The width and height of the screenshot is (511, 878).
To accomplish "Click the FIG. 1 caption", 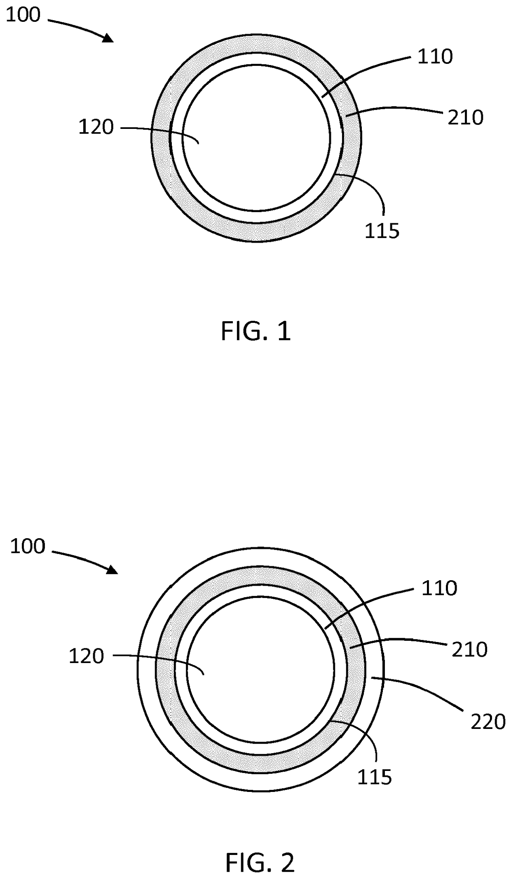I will tap(256, 332).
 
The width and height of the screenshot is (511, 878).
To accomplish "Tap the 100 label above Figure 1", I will tap(23, 15).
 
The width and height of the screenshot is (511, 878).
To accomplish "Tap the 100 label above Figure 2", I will tap(27, 547).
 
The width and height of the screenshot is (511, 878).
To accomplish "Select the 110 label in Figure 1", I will tap(435, 56).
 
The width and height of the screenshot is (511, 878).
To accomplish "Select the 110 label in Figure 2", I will tap(439, 588).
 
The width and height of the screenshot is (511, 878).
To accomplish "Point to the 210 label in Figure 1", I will tap(466, 118).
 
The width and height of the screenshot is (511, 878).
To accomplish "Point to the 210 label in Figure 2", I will tap(470, 649).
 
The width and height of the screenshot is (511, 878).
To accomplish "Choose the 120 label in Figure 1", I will tap(96, 127).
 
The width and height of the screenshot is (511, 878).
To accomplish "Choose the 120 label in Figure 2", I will tap(86, 656).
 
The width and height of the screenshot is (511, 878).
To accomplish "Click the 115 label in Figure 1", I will tap(382, 231).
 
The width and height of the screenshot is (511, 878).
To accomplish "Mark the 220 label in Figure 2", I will tap(488, 722).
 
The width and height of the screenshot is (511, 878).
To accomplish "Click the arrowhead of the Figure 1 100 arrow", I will tap(109, 38).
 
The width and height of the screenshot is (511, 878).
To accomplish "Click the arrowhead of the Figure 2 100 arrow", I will tap(113, 570).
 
